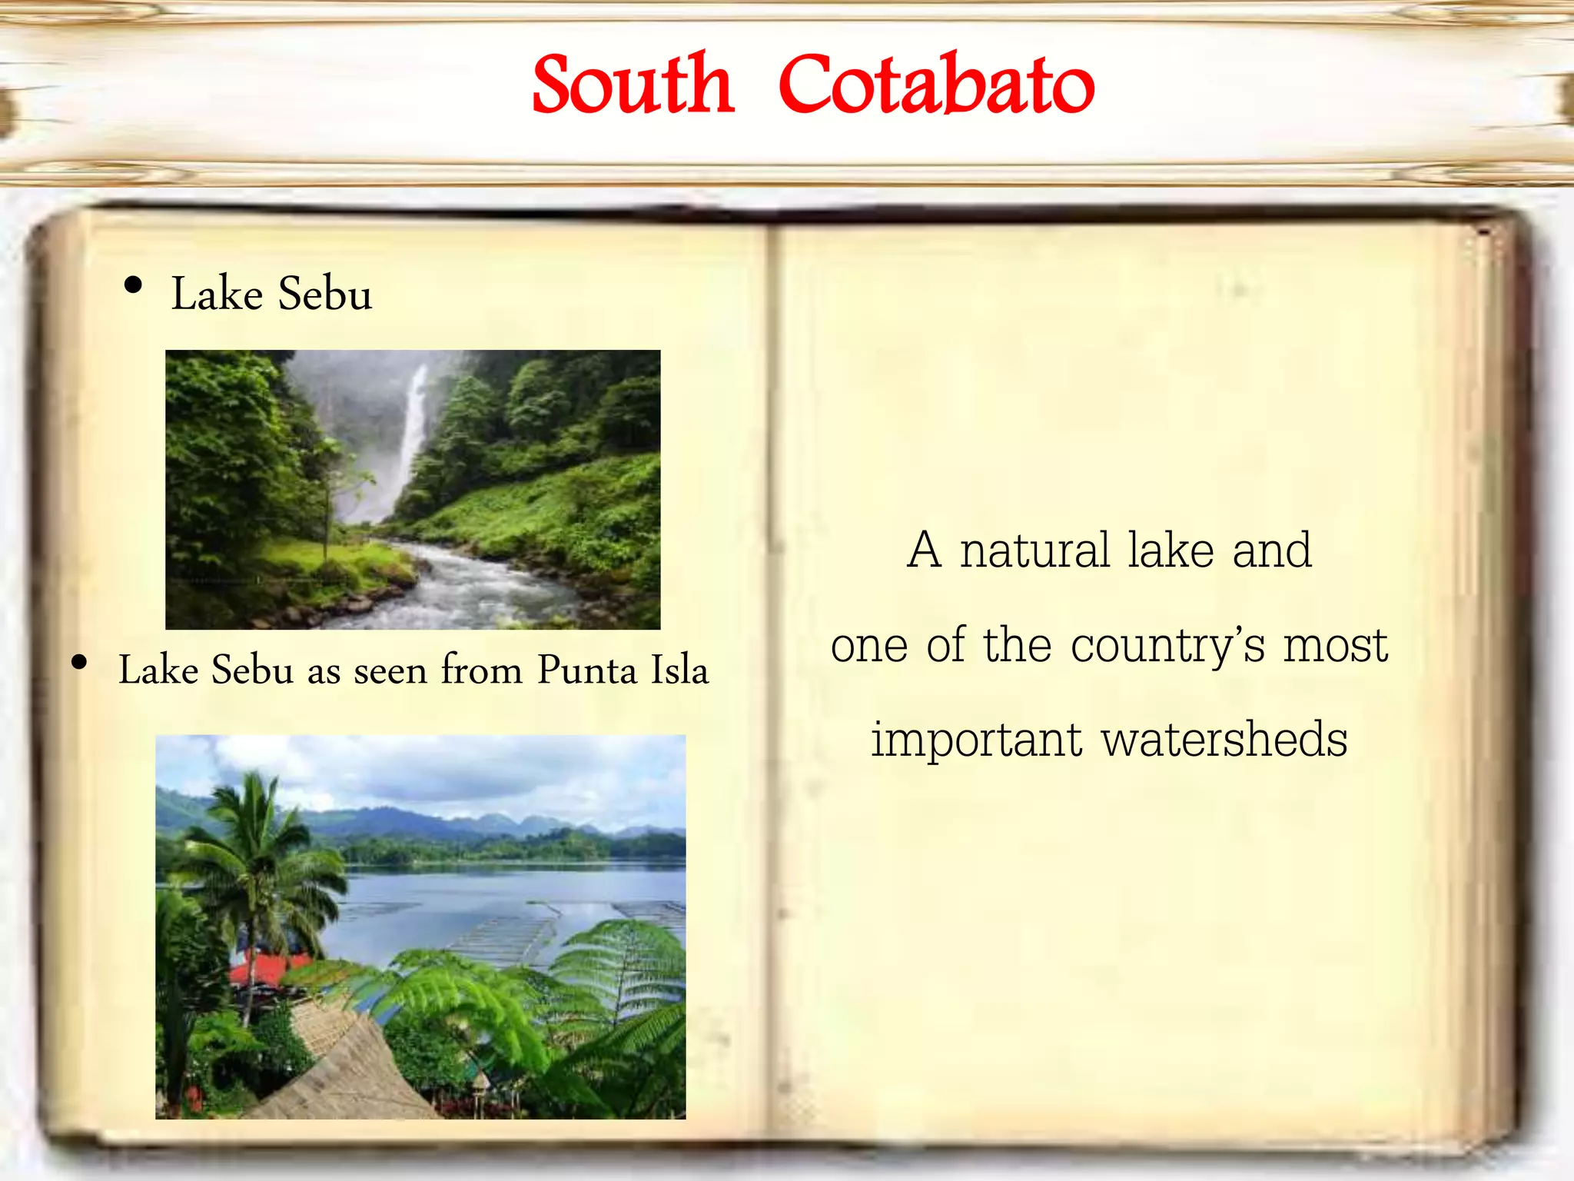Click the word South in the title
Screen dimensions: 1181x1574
tap(633, 85)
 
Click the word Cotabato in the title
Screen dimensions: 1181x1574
tap(936, 85)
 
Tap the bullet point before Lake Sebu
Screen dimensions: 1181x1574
tap(133, 285)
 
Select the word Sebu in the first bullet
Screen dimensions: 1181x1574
tap(324, 294)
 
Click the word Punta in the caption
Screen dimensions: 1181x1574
tap(587, 670)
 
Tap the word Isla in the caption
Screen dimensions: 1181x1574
tap(679, 670)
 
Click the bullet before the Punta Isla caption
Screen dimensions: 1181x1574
tap(79, 662)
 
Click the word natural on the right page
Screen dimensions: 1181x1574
tap(1034, 551)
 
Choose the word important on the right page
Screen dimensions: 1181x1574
tap(976, 740)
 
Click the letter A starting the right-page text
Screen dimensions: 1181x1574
tap(924, 551)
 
